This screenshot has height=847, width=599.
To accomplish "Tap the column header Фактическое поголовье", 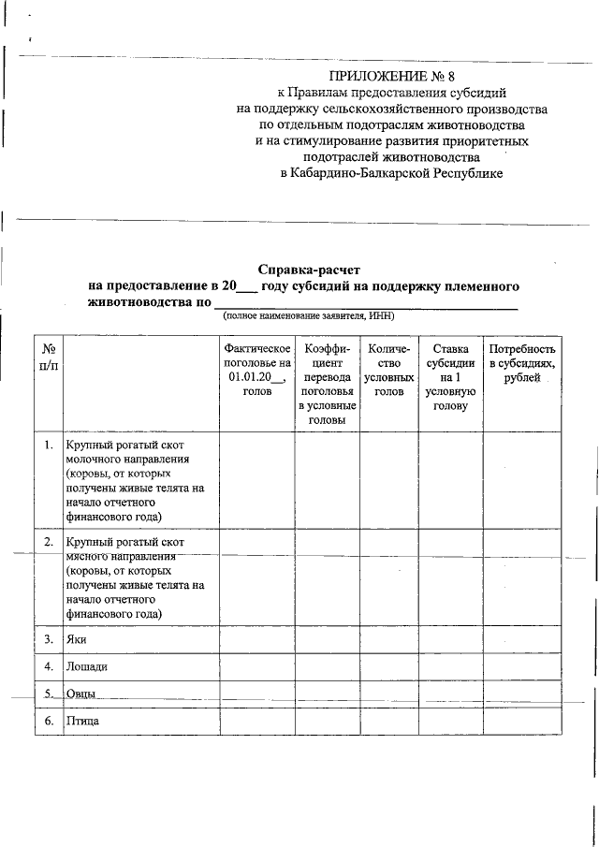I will tap(256, 370).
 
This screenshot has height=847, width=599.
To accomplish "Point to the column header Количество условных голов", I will tap(388, 370).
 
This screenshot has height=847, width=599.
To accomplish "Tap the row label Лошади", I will tap(86, 667).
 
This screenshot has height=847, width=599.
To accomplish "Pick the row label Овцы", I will tap(80, 694).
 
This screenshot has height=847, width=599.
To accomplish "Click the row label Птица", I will tap(82, 722).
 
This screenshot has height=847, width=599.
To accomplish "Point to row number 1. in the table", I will tap(48, 445).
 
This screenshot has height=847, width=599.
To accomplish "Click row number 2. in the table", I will tap(48, 543).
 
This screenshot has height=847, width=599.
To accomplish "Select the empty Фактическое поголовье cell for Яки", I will tap(256, 640).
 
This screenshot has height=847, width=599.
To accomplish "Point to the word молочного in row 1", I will tap(96, 460).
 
